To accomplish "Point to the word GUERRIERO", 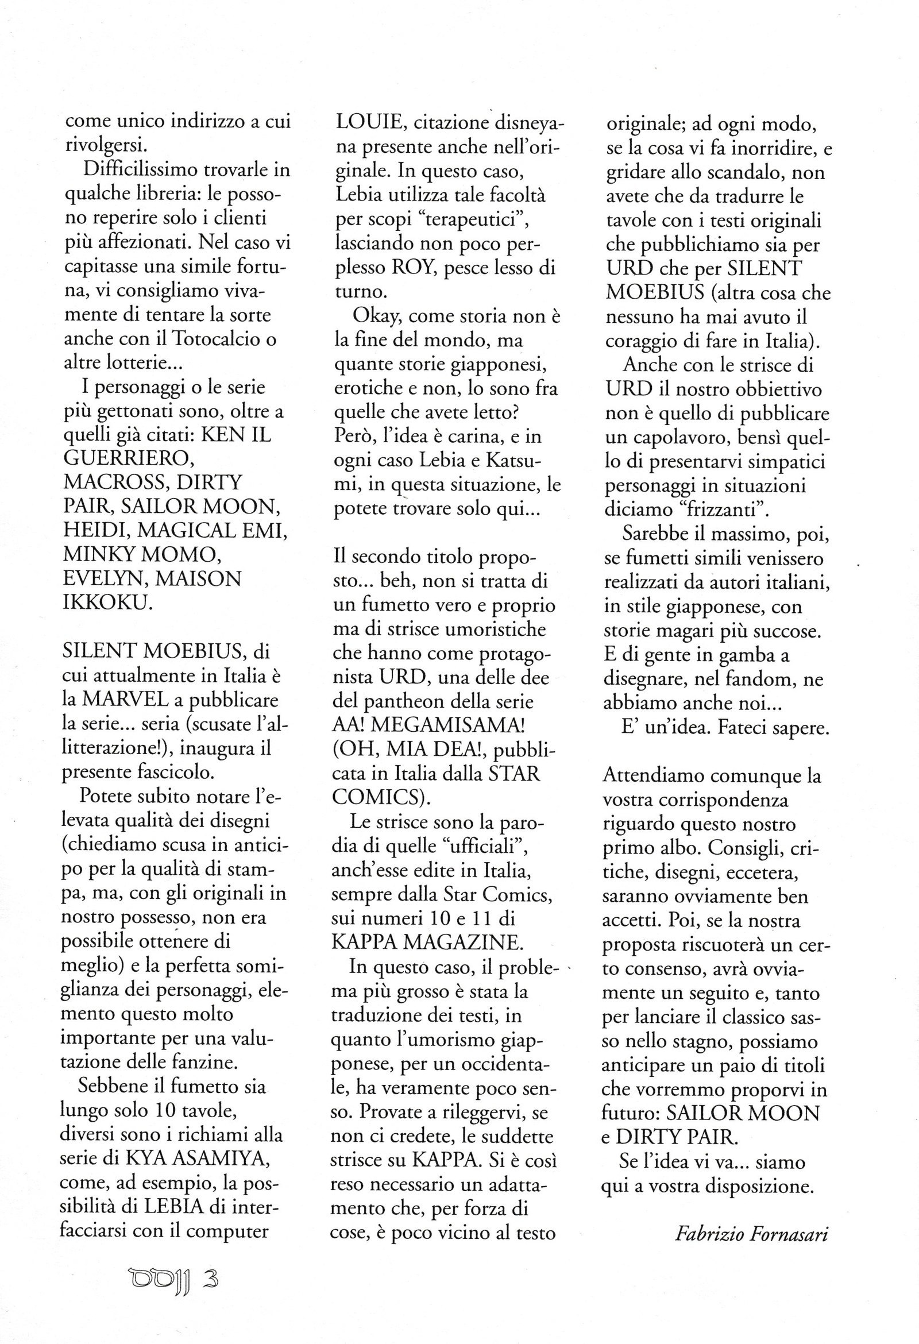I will coord(129,458).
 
